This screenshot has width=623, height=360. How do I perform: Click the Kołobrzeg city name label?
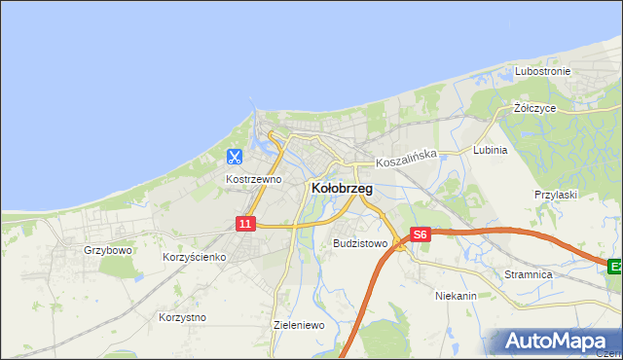341,189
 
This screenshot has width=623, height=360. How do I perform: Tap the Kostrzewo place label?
253,179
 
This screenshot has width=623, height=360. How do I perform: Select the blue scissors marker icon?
235,156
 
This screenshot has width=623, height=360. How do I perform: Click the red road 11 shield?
245,224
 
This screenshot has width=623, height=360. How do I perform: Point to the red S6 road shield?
420,234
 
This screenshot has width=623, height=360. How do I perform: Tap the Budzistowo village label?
360,243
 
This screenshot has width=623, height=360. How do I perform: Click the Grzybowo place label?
107,250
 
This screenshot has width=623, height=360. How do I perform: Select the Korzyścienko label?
194,257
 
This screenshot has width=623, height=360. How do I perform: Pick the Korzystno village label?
181,317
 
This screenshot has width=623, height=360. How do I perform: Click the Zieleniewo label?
299,325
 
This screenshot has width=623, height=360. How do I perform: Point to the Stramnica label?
529,275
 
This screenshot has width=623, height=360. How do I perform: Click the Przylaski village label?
556,195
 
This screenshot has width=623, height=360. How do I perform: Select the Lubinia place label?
490,151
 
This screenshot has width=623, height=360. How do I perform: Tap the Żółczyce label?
534,108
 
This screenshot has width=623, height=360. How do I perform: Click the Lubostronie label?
542,72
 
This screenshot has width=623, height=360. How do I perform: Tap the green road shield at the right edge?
615,266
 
